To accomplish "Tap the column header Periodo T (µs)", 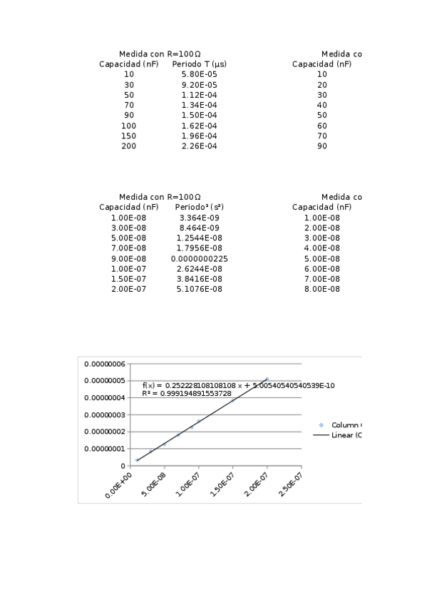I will pos(199,64).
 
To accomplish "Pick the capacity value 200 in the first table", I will pos(128,146).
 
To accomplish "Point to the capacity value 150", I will pos(128,136).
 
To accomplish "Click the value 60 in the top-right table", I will pos(321,126).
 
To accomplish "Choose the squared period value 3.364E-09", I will pos(199,218).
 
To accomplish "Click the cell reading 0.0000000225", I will pos(199,258).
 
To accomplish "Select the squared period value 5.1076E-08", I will pos(199,289).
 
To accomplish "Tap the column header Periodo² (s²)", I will pos(199,207).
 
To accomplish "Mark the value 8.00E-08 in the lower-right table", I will pos(321,289).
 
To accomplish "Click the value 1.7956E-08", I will pos(199,248).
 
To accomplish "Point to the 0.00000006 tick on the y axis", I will pos(105,364).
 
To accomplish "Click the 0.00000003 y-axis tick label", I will pos(105,415).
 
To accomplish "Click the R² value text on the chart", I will pos(187,393).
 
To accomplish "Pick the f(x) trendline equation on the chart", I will pos(238,385).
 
